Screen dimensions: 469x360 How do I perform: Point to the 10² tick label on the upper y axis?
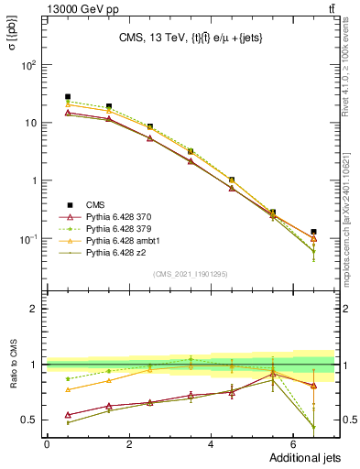click(30, 65)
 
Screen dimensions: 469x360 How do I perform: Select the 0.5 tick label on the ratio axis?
click(29, 420)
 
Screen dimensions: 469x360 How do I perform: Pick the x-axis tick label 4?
click(212, 443)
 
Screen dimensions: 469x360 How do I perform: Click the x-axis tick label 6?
click(293, 443)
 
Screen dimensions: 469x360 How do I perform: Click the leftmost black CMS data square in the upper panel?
click(68, 96)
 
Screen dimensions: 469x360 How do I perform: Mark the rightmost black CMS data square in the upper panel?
click(313, 232)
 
